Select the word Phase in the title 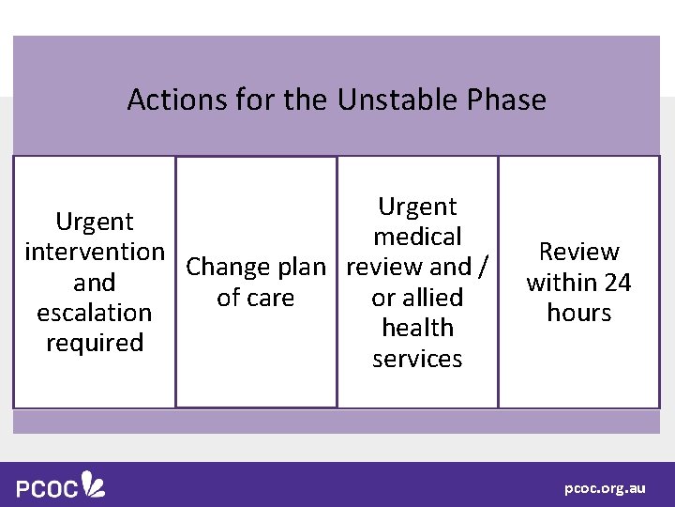click(511, 100)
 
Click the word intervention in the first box click(95, 252)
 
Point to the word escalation click(95, 313)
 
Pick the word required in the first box click(95, 343)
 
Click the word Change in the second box click(225, 268)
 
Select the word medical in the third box click(417, 237)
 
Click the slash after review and click(483, 268)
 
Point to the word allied click(432, 298)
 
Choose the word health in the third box click(417, 328)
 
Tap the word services click(417, 359)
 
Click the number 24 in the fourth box click(616, 283)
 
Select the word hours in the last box click(578, 313)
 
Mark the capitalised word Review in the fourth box click(578, 252)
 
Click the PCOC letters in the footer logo click(47, 489)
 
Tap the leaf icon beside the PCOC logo click(94, 484)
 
